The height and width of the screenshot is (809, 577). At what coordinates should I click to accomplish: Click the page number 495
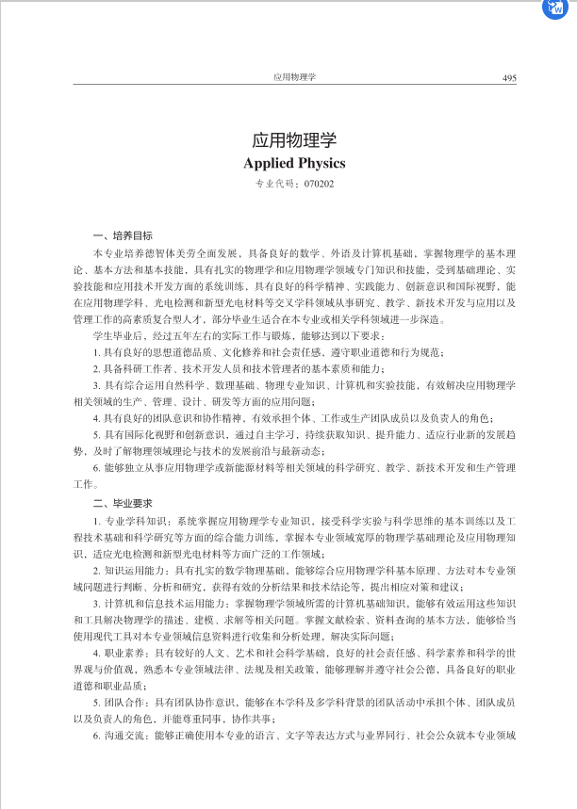pyautogui.click(x=509, y=77)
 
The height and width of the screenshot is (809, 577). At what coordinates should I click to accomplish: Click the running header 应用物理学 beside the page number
pyautogui.click(x=294, y=77)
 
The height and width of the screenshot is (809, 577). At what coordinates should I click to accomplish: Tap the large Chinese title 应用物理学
pyautogui.click(x=294, y=139)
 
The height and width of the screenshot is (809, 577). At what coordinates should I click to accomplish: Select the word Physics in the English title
pyautogui.click(x=321, y=163)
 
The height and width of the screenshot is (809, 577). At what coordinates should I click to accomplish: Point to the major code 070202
pyautogui.click(x=320, y=184)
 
